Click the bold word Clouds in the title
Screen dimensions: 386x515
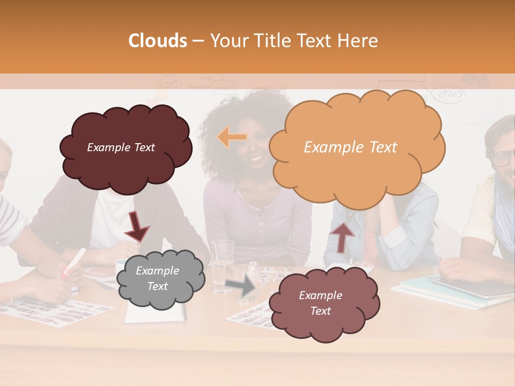[x=158, y=41]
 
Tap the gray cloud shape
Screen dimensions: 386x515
[x=159, y=278]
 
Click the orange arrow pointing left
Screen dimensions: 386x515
[x=232, y=138]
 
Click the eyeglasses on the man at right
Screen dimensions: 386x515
[x=503, y=158]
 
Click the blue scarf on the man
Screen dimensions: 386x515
[x=504, y=214]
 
